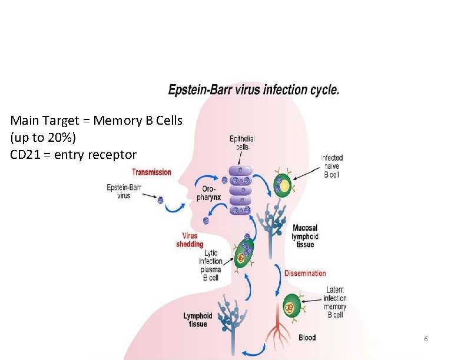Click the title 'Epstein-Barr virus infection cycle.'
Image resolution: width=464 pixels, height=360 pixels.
point(254,90)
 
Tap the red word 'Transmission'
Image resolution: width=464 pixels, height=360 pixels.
point(151,172)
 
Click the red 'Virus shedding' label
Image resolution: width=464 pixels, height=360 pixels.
point(190,239)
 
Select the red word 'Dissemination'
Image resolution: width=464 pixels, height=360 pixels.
point(305,273)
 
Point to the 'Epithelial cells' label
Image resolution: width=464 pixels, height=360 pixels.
point(242,142)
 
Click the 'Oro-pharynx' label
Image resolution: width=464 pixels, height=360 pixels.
point(209,193)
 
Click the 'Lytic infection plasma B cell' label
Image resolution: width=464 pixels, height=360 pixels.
point(210,265)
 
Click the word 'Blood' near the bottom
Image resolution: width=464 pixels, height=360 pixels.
point(307,338)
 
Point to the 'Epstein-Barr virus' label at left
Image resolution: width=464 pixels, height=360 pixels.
point(124,191)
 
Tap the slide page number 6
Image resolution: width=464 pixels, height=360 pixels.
point(426,340)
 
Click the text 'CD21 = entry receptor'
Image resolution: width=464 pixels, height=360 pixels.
point(73,155)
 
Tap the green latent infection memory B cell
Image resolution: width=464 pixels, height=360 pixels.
point(289,306)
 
